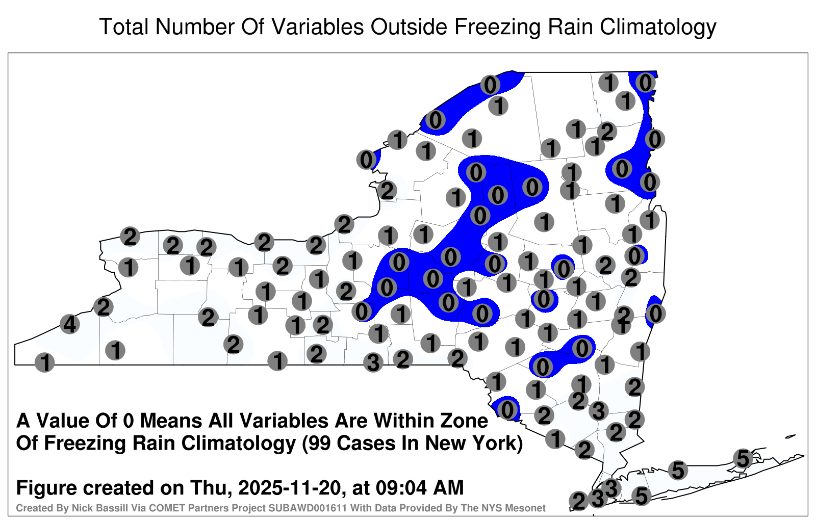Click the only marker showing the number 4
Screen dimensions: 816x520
point(69,324)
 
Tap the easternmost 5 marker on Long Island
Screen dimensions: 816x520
point(743,458)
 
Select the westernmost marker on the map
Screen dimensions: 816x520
point(44,362)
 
